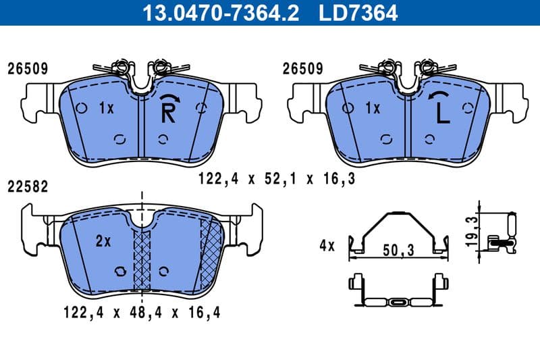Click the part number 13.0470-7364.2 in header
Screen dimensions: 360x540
pos(218,13)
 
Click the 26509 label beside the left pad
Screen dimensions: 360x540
pos(27,68)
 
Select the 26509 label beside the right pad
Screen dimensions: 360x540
pos(302,68)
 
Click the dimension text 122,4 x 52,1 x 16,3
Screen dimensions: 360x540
pos(276,179)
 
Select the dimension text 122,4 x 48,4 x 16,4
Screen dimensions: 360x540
pos(142,312)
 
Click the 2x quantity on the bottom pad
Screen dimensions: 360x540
pos(103,240)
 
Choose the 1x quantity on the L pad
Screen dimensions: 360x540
pos(373,108)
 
